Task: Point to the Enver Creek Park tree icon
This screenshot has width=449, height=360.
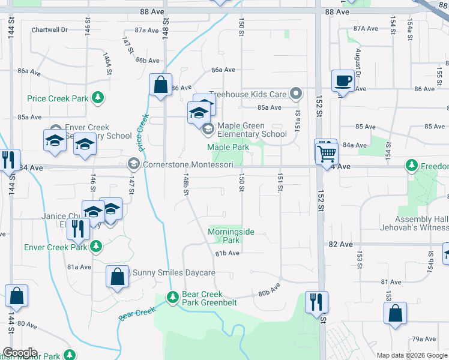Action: [95, 246]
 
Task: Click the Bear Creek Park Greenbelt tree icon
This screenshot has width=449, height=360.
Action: [173, 297]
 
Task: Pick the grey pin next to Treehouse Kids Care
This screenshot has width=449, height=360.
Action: [295, 94]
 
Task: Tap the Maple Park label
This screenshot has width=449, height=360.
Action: [228, 147]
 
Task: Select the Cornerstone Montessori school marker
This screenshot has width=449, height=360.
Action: [133, 163]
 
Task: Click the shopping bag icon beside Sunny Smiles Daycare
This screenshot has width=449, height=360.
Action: [117, 277]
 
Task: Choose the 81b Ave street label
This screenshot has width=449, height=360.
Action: [228, 253]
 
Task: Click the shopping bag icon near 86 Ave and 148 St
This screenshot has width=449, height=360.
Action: [161, 85]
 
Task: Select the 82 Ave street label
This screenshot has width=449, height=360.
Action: [340, 244]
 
